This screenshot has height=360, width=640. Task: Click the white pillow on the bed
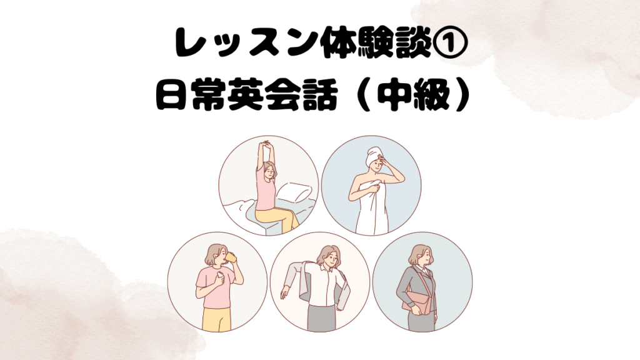pyautogui.click(x=294, y=192)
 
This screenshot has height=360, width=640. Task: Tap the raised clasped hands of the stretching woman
pyautogui.click(x=266, y=144)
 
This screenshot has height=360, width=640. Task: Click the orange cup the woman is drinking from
pyautogui.click(x=231, y=259)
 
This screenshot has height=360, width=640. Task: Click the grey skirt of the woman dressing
pyautogui.click(x=320, y=317)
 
